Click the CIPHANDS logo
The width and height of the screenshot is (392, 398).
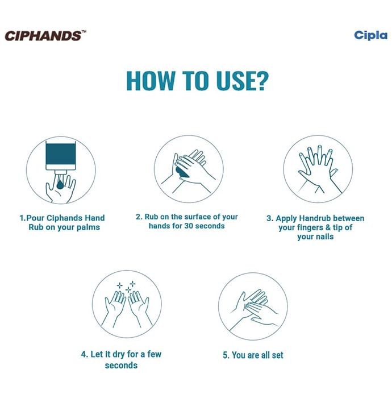[x=45, y=36]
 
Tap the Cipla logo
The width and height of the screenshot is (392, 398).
[x=370, y=36]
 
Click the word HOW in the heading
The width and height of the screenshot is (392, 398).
[x=151, y=81]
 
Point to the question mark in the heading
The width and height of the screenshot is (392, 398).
[x=260, y=81]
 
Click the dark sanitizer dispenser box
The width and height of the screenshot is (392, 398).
[x=61, y=154]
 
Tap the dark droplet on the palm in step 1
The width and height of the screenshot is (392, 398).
[x=60, y=185]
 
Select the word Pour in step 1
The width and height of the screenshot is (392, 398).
[x=35, y=218]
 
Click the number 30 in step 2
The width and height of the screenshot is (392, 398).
[x=189, y=226]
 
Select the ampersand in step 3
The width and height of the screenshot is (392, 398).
[x=328, y=227]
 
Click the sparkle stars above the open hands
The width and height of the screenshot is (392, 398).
[x=126, y=287]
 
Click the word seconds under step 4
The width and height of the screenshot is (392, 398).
[x=121, y=366]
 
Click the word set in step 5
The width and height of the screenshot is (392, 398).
[x=277, y=355]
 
